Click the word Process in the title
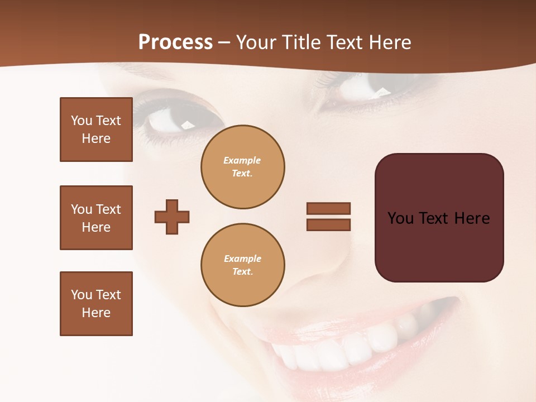click(175, 42)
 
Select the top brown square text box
click(96, 130)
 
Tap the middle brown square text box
click(96, 218)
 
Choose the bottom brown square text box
click(96, 304)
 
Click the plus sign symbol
click(172, 217)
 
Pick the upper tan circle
click(243, 167)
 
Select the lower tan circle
click(243, 265)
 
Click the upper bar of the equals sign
click(328, 208)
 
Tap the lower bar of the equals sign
click(328, 224)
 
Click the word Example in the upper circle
click(242, 160)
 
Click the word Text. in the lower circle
click(242, 272)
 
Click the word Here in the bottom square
click(96, 313)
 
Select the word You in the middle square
click(82, 209)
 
